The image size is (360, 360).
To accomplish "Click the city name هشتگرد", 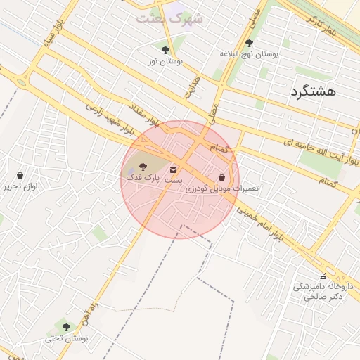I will coord(314,91).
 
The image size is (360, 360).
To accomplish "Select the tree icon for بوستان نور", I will coord(165,50).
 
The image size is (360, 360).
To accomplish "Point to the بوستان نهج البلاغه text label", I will coord(249,54).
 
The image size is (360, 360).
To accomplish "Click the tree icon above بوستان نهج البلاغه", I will coord(249,43).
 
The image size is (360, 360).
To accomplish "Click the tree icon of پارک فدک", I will coord(143,167).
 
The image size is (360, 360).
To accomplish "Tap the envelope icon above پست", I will coord(174,169).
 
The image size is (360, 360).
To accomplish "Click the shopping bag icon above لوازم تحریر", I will coord(20,175).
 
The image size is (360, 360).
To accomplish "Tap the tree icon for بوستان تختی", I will coord(67,327).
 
